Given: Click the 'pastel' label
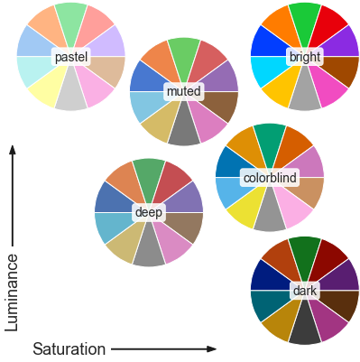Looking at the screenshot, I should (71, 57).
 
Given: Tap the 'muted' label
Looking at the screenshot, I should (184, 92).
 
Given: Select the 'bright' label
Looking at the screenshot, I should (304, 58).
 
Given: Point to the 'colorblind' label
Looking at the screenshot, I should (270, 178).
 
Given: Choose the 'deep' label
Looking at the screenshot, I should (149, 212).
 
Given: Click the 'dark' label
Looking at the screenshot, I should (304, 291).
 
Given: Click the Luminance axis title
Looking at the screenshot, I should (13, 292).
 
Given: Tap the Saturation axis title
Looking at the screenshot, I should (69, 348).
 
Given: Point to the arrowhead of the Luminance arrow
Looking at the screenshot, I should (13, 150).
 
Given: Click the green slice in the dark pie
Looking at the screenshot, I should (304, 250).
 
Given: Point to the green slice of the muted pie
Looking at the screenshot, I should (184, 53).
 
